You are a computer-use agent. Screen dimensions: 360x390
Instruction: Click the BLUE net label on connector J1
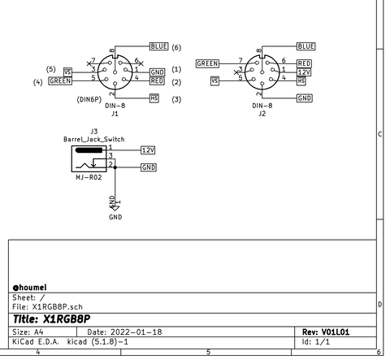(158, 47)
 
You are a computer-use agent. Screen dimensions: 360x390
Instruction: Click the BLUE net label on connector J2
(305, 46)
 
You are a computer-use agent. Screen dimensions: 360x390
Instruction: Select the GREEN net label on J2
(208, 63)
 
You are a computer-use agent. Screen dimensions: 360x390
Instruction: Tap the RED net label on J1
(157, 81)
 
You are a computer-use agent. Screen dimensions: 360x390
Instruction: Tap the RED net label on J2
(305, 63)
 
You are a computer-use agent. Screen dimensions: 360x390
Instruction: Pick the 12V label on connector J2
(305, 72)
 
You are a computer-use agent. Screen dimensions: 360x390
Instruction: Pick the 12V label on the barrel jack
(148, 150)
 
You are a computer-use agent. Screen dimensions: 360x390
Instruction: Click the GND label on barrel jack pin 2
(149, 167)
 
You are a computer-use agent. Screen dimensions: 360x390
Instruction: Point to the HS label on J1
(154, 98)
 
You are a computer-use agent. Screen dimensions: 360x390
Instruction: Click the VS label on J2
(215, 80)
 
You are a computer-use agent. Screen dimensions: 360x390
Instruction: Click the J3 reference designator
(94, 131)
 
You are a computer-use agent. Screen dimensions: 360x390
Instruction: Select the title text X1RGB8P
(50, 319)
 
